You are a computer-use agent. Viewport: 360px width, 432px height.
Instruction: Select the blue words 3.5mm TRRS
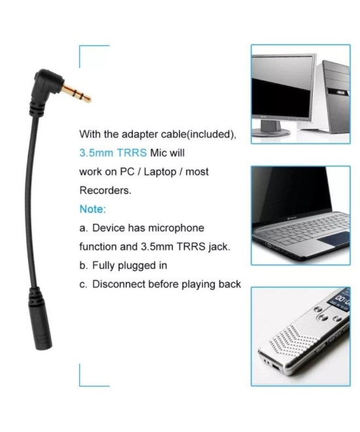(x=113, y=153)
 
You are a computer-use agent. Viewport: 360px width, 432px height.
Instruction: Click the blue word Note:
(x=92, y=209)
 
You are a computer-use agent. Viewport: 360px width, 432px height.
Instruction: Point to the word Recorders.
(x=105, y=190)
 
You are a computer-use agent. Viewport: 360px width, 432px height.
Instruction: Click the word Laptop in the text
(x=160, y=172)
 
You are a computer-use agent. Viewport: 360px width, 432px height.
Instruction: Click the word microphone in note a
(x=176, y=228)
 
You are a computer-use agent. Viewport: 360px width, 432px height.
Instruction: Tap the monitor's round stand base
(x=270, y=132)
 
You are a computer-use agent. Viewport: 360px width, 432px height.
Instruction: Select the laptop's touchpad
(x=334, y=239)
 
